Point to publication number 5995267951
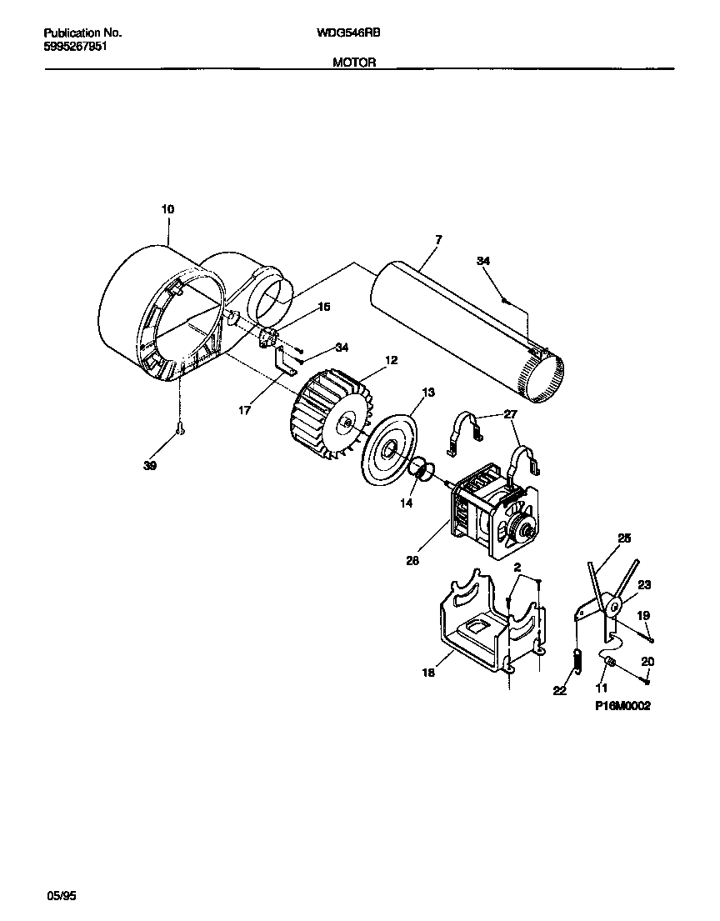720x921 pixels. tap(74, 47)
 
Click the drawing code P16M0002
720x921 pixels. tap(622, 705)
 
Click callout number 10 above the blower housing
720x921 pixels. tap(167, 209)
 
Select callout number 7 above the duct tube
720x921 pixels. tap(438, 239)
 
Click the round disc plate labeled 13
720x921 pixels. tap(388, 449)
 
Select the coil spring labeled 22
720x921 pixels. tap(575, 658)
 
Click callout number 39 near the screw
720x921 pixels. tap(149, 466)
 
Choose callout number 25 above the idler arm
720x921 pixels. tap(624, 538)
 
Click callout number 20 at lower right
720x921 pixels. tap(647, 661)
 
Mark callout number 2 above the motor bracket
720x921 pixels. tap(517, 567)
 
